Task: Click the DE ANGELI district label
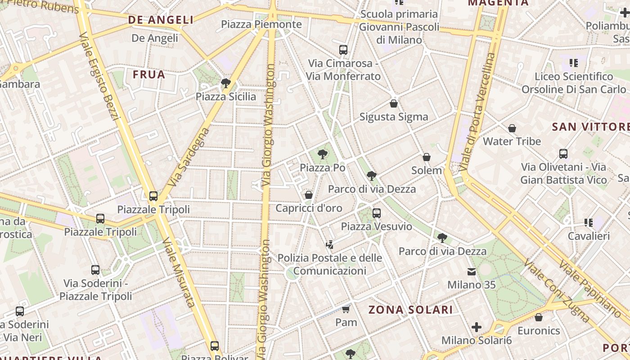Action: (161, 20)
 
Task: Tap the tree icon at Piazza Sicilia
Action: (226, 83)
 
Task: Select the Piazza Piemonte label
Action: (261, 24)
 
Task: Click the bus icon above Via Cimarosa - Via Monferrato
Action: (343, 49)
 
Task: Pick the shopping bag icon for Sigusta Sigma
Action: (394, 103)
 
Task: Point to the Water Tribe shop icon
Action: (512, 128)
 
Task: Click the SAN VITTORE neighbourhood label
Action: (590, 127)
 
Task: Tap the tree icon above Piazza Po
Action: (322, 154)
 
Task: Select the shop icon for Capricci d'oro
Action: (309, 195)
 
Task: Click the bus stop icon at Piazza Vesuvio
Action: (377, 213)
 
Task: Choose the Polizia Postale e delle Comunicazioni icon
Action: (329, 245)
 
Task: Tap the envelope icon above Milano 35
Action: (472, 272)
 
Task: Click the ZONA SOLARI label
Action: (410, 310)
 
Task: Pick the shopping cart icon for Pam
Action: (346, 309)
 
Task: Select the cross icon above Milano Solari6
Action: (477, 327)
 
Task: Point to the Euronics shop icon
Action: (539, 317)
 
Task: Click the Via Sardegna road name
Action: (189, 157)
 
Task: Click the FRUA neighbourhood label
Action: (149, 75)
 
